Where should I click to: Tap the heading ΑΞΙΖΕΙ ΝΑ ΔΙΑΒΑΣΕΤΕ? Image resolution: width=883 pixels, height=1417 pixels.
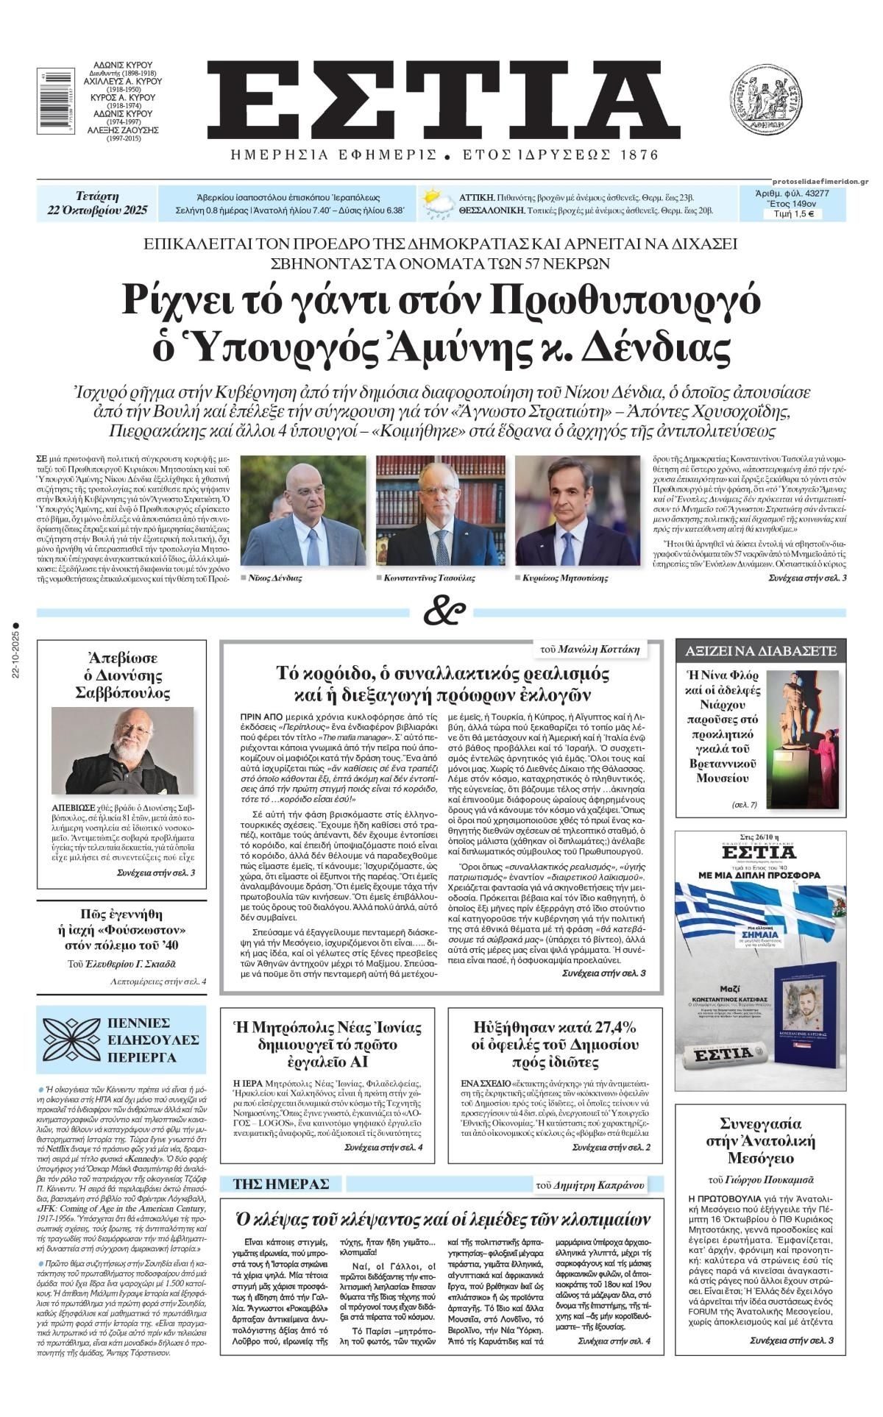pyautogui.click(x=761, y=650)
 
